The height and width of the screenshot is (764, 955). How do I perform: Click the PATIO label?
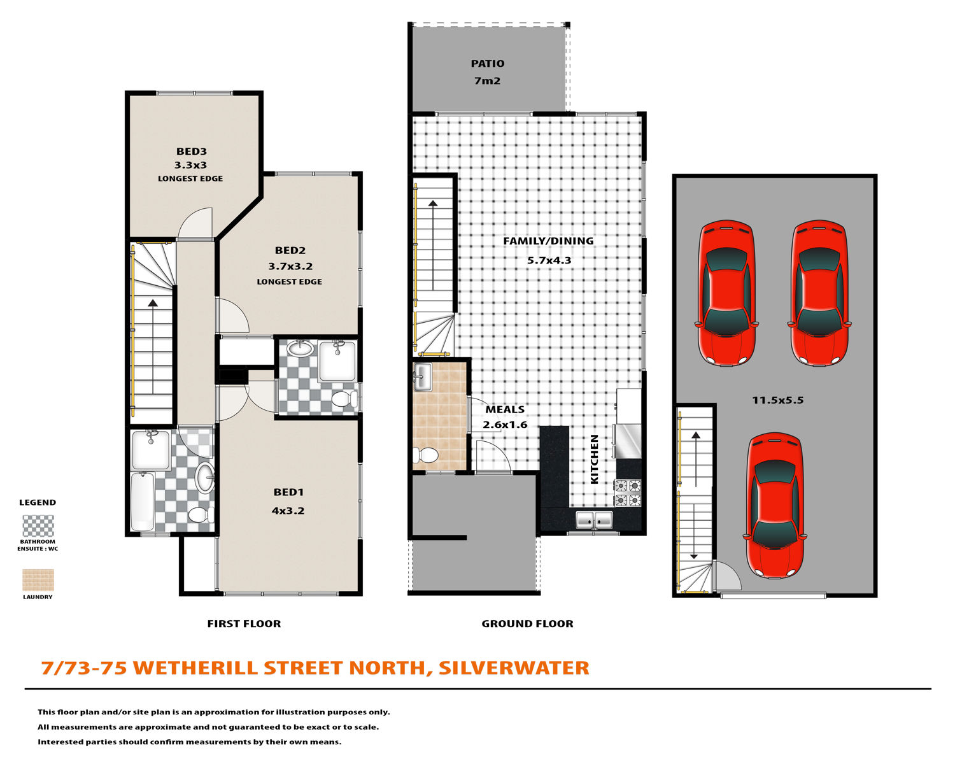pos(487,64)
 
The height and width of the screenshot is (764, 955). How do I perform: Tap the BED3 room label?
pos(191,152)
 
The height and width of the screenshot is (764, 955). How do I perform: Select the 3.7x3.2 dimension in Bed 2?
pos(290,266)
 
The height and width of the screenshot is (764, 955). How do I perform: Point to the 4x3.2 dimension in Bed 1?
pos(288,511)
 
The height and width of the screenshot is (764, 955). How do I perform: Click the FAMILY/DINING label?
pos(548,241)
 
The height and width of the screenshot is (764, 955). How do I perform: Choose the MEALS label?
pos(505,409)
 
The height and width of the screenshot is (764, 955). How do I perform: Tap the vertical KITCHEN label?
pos(594,459)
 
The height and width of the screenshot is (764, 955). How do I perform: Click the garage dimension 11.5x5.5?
pos(777,400)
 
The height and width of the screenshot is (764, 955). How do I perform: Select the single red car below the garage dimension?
pos(774,506)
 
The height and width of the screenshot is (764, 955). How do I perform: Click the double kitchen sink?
pos(594,520)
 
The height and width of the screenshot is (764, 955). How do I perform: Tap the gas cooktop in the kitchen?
pos(628,493)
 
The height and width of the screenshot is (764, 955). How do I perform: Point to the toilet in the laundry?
pos(425,455)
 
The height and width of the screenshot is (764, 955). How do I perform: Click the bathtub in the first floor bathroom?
pos(143,502)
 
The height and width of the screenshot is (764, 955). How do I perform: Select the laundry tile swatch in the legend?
pos(38,580)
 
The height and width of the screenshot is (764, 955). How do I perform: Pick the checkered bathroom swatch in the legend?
pos(38,526)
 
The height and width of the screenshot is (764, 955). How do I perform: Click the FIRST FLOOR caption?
pos(244,624)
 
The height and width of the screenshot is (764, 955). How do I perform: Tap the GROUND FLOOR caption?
pos(527,624)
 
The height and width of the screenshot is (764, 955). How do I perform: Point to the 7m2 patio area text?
pos(487,81)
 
